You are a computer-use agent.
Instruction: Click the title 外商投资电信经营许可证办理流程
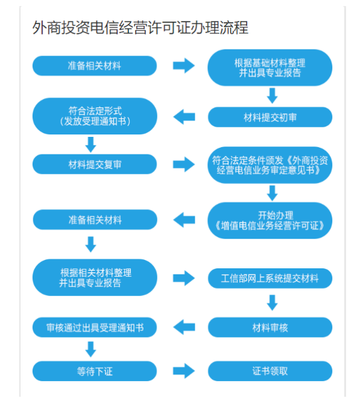pos(140,28)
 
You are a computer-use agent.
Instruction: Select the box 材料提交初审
pos(270,118)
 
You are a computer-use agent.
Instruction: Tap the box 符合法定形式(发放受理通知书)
pos(95,116)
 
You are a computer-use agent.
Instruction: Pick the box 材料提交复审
pos(95,164)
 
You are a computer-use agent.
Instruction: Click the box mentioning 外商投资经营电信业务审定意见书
pos(270,165)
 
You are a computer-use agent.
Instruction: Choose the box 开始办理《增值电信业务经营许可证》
pos(270,220)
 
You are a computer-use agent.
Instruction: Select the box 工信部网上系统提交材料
pos(270,278)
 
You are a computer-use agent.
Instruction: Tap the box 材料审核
pos(270,327)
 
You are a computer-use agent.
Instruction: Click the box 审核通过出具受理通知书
pos(95,327)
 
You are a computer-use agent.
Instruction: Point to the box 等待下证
pos(95,371)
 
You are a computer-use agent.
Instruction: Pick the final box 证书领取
pos(270,371)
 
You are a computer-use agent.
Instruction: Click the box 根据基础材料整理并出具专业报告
pos(270,68)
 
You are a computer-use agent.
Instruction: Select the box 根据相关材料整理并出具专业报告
pos(95,277)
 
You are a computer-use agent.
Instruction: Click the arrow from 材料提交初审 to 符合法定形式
pos(184,117)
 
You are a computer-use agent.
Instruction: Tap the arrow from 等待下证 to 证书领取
pos(184,371)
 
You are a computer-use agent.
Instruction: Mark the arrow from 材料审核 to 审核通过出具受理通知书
pos(184,327)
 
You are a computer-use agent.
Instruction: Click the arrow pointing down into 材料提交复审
pos(91,145)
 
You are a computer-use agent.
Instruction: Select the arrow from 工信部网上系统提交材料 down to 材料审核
pos(273,303)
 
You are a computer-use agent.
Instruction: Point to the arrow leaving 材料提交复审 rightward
pos(184,164)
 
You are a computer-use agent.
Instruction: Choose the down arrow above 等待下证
pos(91,349)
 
